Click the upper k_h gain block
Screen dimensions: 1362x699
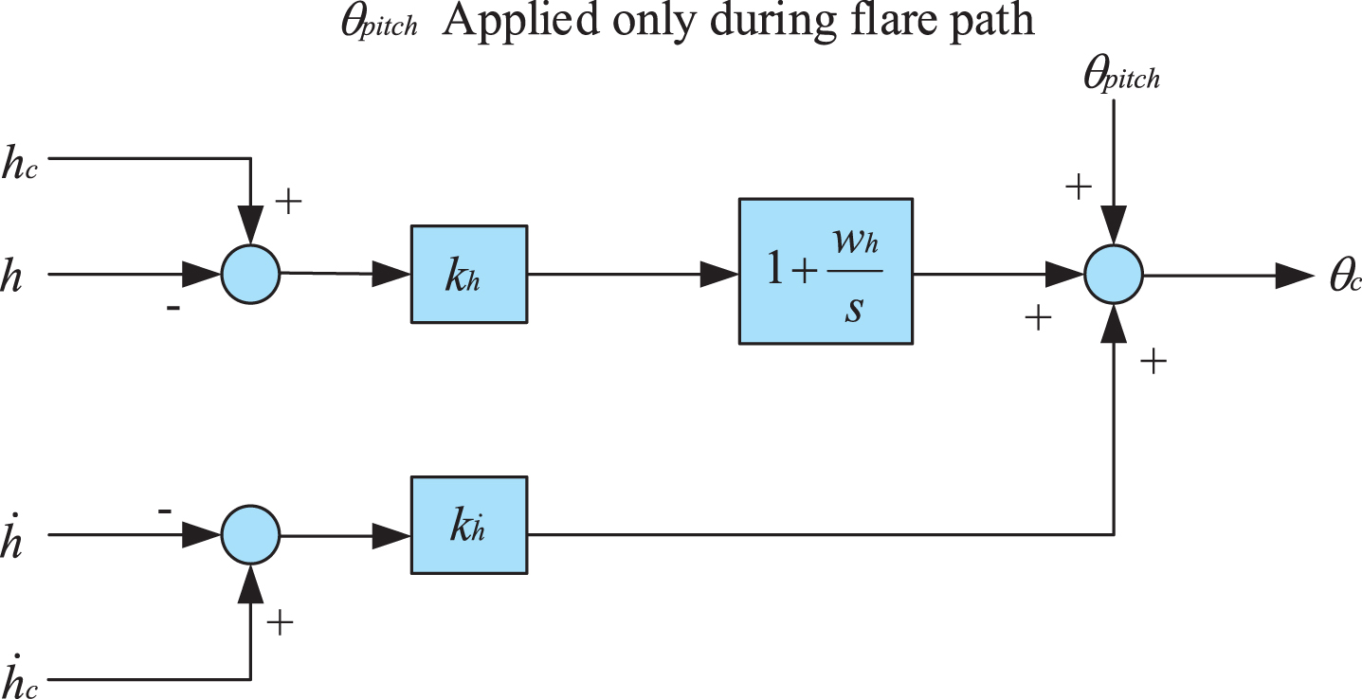[469, 274]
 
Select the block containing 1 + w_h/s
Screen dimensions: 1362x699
[826, 271]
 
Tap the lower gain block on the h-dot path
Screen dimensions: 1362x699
[469, 525]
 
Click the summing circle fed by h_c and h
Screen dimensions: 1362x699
[250, 274]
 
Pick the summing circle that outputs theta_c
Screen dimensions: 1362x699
[1114, 274]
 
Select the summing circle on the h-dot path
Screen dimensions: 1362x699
[250, 534]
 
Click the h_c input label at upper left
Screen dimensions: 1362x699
[20, 163]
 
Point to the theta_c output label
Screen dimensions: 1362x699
[1344, 277]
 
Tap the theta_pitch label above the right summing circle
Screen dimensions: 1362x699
[1122, 76]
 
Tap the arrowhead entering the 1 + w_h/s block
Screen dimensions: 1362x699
[719, 274]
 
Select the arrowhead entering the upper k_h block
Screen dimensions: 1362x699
[391, 274]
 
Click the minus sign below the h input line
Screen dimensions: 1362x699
[173, 309]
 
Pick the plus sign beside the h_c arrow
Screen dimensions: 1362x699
[289, 201]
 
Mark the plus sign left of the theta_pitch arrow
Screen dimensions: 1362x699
[1079, 187]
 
